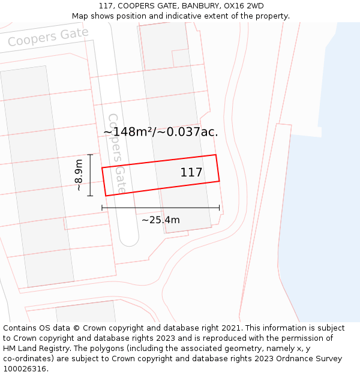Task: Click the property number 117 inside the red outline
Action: tap(191, 173)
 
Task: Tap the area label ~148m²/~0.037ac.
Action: tap(160, 132)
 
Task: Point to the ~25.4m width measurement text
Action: tap(160, 220)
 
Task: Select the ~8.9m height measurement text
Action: tap(78, 175)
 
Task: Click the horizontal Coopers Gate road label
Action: tap(48, 37)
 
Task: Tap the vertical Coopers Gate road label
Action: tap(117, 153)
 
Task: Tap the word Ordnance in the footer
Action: tap(284, 358)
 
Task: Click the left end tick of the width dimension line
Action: tap(102, 208)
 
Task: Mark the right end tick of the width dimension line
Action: tap(219, 208)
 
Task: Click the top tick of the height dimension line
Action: tap(90, 155)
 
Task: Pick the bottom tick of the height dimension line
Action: tap(90, 196)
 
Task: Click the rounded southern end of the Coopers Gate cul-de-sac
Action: tap(128, 239)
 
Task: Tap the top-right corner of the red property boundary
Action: tap(215, 155)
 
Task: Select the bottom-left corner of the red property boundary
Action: tap(106, 196)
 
